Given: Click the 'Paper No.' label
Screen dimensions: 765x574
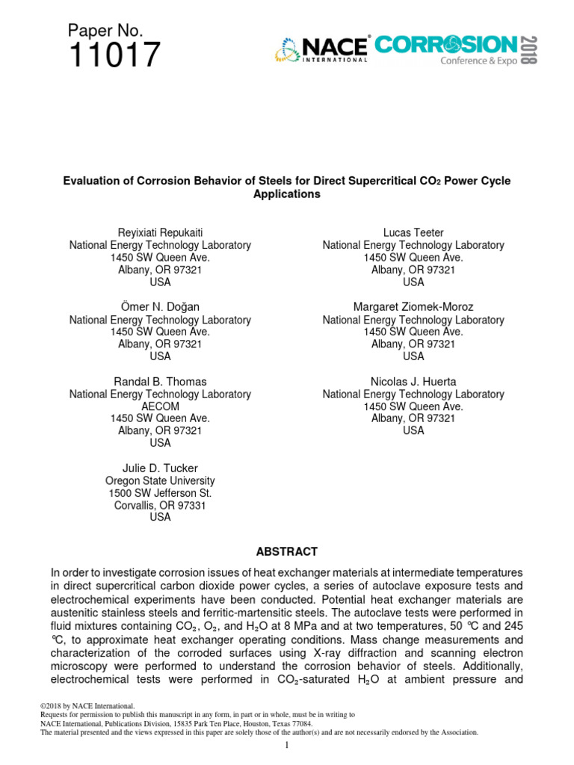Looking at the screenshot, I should click(105, 30).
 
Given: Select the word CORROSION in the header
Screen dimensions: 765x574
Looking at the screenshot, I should click(445, 45).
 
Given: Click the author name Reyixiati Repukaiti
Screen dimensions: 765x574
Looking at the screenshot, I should click(160, 232).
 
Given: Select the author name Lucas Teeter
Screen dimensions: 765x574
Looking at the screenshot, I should click(413, 232).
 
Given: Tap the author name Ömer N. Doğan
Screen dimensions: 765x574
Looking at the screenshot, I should click(160, 306).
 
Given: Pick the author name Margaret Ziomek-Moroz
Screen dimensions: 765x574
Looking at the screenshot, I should click(413, 306).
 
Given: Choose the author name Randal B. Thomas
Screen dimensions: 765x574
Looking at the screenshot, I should click(160, 381).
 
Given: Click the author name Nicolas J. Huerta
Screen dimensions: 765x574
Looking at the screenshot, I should click(413, 381).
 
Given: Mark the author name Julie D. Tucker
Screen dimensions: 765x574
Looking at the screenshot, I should click(160, 468).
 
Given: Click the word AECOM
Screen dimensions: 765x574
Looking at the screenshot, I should click(160, 406).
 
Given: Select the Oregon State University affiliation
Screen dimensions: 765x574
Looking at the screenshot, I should click(160, 480).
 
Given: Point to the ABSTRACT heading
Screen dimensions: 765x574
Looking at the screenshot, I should click(287, 551).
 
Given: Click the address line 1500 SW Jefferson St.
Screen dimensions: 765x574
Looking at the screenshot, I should click(160, 493).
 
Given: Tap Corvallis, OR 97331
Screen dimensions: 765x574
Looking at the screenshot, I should click(160, 505).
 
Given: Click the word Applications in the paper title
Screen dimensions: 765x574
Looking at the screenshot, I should click(287, 194).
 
